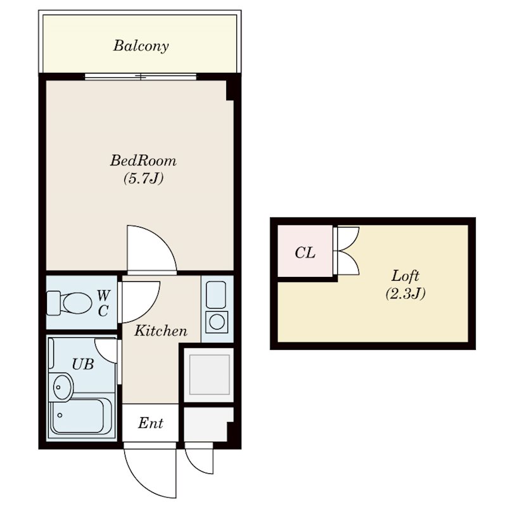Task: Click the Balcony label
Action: coord(141,46)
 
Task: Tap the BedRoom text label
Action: coord(143,160)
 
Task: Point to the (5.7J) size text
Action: coord(143,178)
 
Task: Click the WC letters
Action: coord(104,304)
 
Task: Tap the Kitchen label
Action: coord(161,331)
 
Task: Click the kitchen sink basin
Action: coord(216,295)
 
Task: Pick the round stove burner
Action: coord(217,322)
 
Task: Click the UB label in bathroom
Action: coord(83,364)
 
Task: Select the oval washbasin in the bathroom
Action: coord(61,387)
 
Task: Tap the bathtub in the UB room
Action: coord(82,416)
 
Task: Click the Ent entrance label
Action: coord(150,423)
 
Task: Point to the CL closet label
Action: coord(305,253)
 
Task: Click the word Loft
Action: coord(405,276)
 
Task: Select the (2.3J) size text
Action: coord(405,293)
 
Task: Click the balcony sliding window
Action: coord(141,77)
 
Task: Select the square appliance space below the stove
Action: coord(209,375)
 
